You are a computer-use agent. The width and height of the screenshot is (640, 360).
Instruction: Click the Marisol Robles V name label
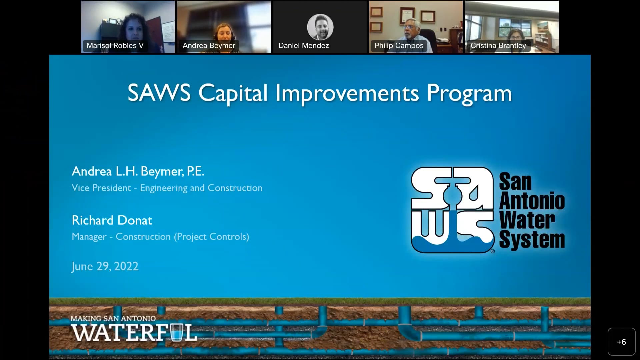pos(115,46)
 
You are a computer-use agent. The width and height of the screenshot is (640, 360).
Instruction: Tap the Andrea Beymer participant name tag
pos(209,46)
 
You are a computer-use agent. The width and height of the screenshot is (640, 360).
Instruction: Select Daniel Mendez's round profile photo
pos(320,27)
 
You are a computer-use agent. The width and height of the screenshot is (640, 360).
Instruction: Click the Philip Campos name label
pos(399,46)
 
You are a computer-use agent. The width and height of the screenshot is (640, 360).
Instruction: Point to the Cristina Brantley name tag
pos(498,46)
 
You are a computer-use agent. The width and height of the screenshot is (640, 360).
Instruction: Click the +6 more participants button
pos(621,342)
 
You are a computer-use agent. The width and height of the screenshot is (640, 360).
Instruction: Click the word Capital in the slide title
pos(233,93)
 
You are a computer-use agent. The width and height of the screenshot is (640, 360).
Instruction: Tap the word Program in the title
pos(469,93)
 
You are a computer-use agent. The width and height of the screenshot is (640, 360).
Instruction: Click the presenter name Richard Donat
pos(112,220)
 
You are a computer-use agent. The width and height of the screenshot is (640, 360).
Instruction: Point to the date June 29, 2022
pos(105,266)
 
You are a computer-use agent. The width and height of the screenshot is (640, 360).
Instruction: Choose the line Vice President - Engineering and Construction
pos(167,188)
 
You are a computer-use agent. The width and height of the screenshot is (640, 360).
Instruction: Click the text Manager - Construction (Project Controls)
pos(160,237)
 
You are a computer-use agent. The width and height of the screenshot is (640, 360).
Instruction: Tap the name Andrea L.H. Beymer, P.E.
pos(138,171)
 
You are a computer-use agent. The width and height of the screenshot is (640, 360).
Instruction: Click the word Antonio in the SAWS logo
pos(532,201)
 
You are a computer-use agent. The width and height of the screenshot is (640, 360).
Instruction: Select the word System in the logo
pos(532,240)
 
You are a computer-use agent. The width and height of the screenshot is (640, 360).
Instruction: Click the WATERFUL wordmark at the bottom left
pos(133,333)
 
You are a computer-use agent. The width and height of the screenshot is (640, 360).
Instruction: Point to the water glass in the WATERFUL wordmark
pos(176,332)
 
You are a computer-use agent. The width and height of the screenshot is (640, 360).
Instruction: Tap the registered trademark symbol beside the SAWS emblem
pos(493,251)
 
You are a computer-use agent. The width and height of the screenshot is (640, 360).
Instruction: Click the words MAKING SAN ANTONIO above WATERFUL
pos(113,319)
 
